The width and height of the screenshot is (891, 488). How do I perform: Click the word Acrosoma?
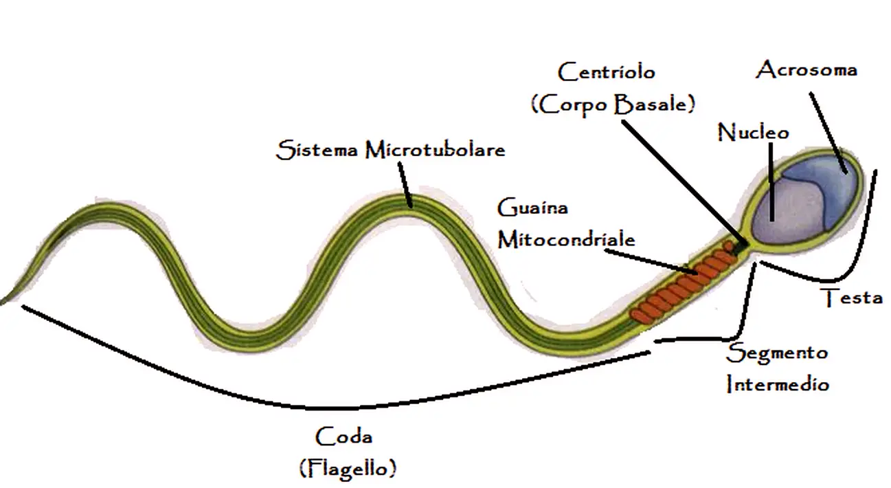[x=807, y=70]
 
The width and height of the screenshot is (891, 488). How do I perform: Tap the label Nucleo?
[x=754, y=131]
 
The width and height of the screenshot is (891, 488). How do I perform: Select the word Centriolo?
[x=606, y=71]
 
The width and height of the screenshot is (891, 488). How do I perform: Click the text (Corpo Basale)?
[x=613, y=104]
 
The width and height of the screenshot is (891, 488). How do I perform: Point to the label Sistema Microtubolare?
[x=390, y=150]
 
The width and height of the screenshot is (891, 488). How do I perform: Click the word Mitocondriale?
[x=566, y=239]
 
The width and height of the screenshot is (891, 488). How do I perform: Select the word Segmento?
[x=777, y=353]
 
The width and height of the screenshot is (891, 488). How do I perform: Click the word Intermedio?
[x=777, y=384]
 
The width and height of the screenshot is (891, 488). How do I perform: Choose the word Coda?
[x=343, y=436]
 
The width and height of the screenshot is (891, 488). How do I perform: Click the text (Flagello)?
[x=348, y=469]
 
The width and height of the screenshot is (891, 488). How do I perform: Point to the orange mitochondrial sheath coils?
[x=680, y=289]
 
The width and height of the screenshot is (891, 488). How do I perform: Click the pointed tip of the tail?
[x=5, y=300]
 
